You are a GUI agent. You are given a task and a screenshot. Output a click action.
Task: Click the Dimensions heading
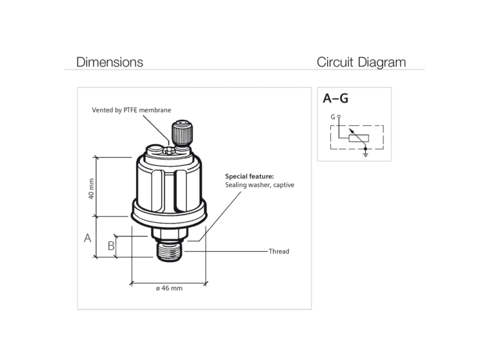click(110, 62)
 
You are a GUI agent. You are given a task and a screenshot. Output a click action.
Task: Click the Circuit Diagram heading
click(361, 62)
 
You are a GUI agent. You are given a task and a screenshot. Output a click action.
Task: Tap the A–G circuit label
click(335, 99)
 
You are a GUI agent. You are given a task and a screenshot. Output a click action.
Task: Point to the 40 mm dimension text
click(92, 189)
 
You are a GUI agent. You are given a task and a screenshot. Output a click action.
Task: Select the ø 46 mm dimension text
click(169, 288)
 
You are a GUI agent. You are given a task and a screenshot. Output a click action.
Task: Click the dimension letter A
click(88, 238)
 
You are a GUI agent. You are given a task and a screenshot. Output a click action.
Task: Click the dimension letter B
click(111, 246)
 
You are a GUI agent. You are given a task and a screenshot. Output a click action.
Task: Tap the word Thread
click(278, 251)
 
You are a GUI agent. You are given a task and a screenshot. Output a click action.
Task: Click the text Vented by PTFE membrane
click(131, 110)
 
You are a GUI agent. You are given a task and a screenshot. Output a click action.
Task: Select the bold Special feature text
click(250, 176)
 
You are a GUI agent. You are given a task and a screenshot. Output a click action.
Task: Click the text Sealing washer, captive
click(259, 185)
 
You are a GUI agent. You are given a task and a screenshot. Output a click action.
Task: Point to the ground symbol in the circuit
click(365, 153)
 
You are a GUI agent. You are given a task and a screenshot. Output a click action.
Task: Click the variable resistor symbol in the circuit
click(359, 138)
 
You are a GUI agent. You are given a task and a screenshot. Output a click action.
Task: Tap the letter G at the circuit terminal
click(333, 117)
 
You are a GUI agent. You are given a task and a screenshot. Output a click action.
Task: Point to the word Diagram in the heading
click(381, 62)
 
